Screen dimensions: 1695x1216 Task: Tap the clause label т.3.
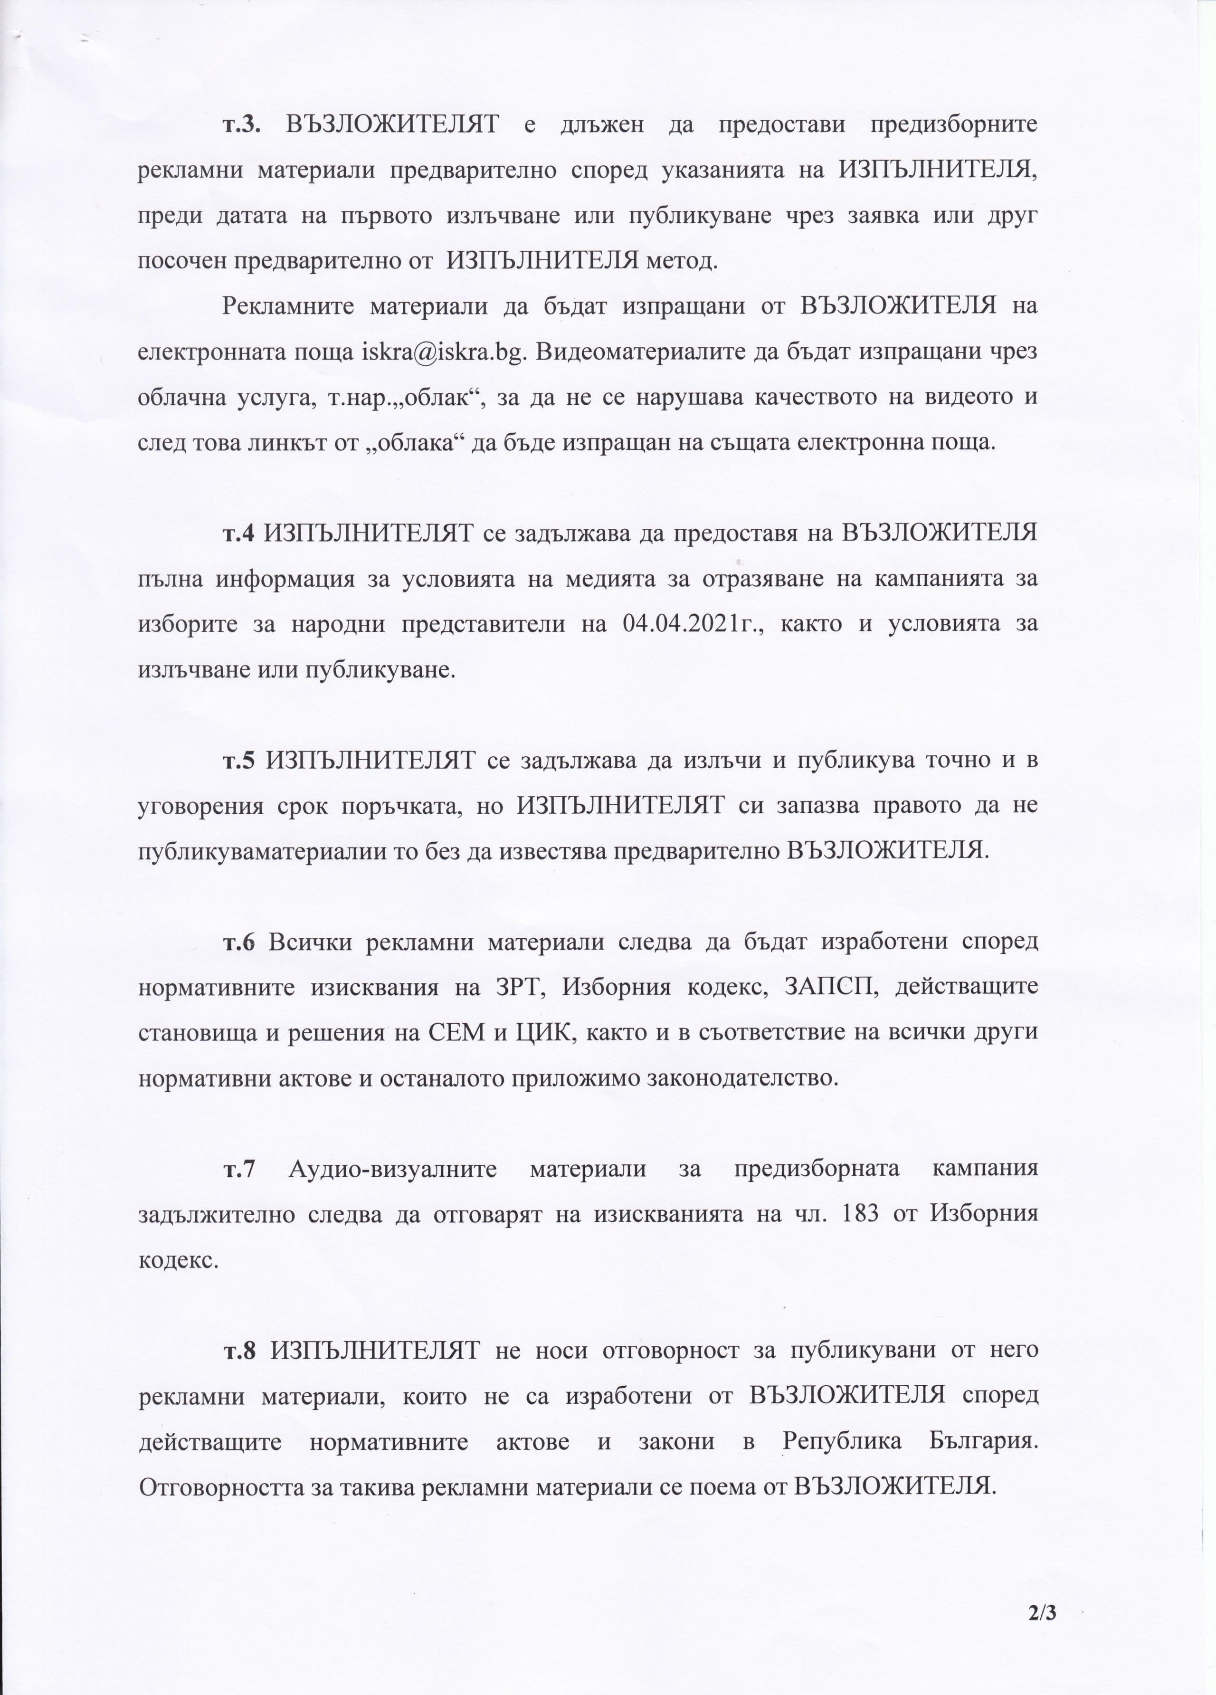coord(241,124)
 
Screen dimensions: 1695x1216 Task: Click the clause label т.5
coord(239,760)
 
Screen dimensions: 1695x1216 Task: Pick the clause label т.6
coord(239,942)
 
